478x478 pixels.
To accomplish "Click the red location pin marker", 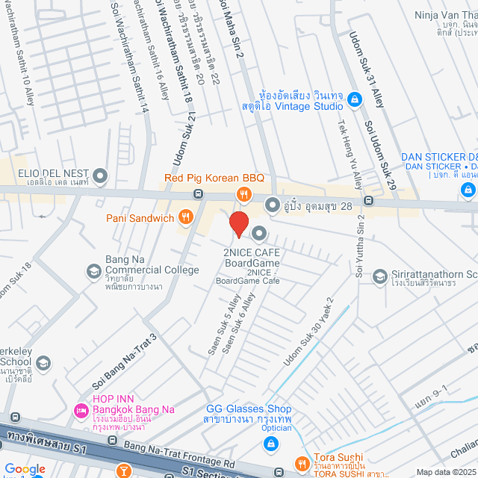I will coord(238,224).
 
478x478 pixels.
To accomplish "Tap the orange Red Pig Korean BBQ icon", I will coord(243,195).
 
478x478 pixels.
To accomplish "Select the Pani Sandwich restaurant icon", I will coord(186,218).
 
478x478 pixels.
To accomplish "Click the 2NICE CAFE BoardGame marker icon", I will coord(259,235).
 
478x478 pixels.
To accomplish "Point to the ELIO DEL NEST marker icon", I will coord(100,177).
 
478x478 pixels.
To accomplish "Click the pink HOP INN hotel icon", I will coord(81,411).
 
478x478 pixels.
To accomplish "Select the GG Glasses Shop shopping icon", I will coord(270,444).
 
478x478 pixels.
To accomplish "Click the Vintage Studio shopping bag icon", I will coord(355,99).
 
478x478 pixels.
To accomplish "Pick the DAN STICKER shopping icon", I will coord(467,190).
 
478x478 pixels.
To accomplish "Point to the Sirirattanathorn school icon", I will coord(379,277).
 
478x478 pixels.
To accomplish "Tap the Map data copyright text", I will coord(445,471).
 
